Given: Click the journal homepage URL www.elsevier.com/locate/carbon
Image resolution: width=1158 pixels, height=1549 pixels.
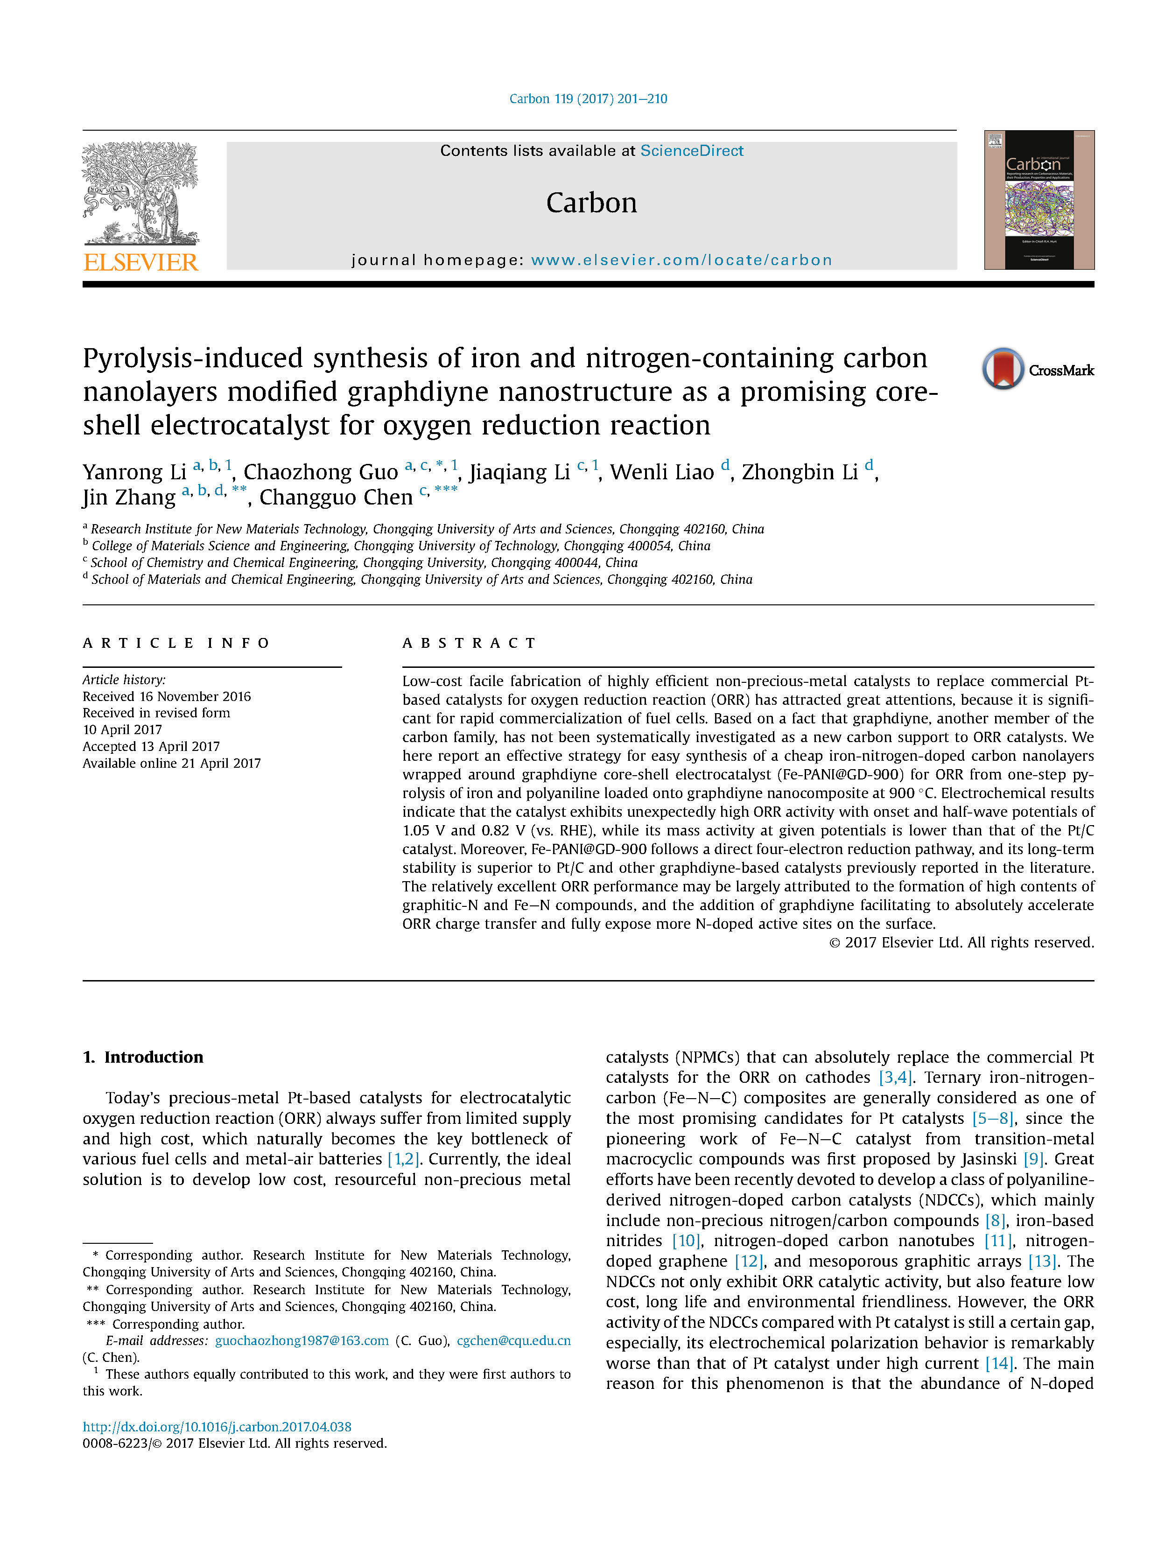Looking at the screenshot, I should pyautogui.click(x=681, y=260).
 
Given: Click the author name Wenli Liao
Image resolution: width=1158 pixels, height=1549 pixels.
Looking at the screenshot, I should pyautogui.click(x=661, y=472).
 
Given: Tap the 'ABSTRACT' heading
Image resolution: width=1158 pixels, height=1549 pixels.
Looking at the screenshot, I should pyautogui.click(x=469, y=643).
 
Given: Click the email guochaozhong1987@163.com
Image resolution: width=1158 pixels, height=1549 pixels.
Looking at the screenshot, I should pyautogui.click(x=302, y=1340).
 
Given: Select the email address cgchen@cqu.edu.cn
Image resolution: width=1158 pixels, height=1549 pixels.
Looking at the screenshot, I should pyautogui.click(x=513, y=1340).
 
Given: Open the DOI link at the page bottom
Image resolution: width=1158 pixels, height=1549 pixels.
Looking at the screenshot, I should pyautogui.click(x=217, y=1426).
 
